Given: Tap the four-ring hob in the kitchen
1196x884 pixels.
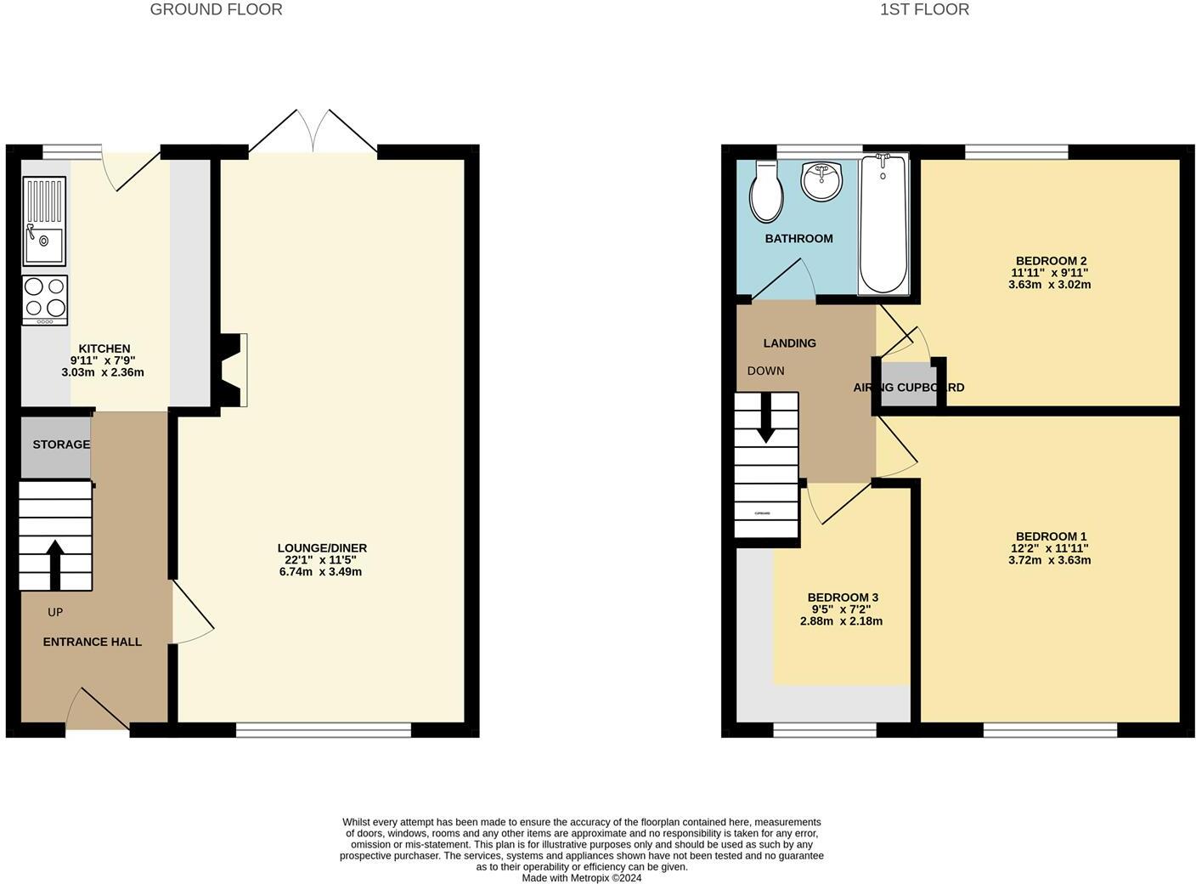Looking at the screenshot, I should click(x=45, y=300).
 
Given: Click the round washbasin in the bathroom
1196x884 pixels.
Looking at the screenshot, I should click(x=821, y=181).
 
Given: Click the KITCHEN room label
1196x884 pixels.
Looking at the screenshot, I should click(x=104, y=348).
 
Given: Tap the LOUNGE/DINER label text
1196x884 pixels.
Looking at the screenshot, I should click(x=322, y=548).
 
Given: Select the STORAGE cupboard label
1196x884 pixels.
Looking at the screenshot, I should click(x=61, y=445).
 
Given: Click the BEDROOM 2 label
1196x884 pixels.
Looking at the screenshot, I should click(x=1051, y=261).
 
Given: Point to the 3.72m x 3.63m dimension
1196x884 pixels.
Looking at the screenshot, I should click(x=1049, y=560).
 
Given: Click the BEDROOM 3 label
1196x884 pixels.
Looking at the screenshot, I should click(x=843, y=598).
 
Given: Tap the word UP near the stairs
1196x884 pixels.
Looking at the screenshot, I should click(x=55, y=612).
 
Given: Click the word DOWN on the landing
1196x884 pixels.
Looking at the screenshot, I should click(x=765, y=371).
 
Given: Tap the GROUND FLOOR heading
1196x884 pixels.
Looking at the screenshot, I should click(x=216, y=9).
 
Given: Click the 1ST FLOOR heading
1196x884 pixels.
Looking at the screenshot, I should click(x=924, y=9).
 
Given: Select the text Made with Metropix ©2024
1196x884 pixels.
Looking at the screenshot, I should click(x=581, y=878).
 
